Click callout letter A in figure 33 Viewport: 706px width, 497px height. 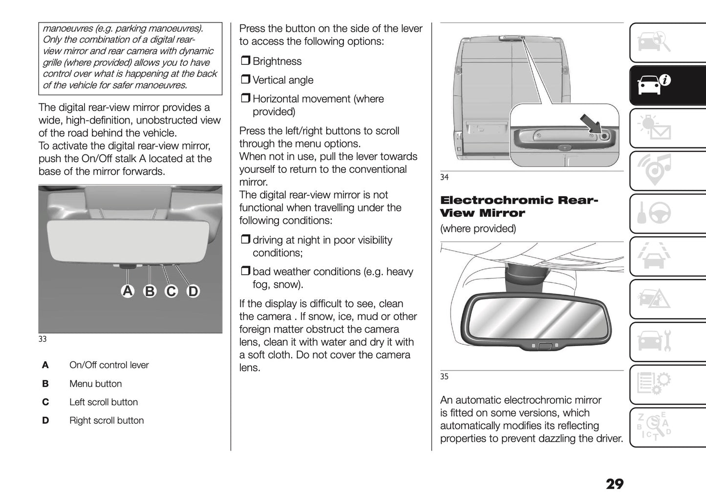point(128,291)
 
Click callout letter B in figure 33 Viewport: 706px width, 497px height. point(150,291)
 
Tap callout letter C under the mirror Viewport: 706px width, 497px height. point(171,291)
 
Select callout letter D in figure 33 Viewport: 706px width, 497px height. point(193,291)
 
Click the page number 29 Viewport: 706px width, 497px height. point(615,484)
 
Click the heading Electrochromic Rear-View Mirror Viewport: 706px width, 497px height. point(518,207)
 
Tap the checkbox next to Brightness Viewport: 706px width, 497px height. point(245,61)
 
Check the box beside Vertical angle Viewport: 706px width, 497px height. point(245,80)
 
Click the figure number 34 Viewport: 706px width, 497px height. point(444,177)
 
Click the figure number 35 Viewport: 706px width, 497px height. point(444,376)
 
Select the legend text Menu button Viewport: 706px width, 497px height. point(95,384)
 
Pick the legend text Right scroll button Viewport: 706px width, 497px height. point(107,420)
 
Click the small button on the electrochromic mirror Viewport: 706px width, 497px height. point(545,347)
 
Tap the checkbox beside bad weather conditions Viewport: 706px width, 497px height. point(245,271)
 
